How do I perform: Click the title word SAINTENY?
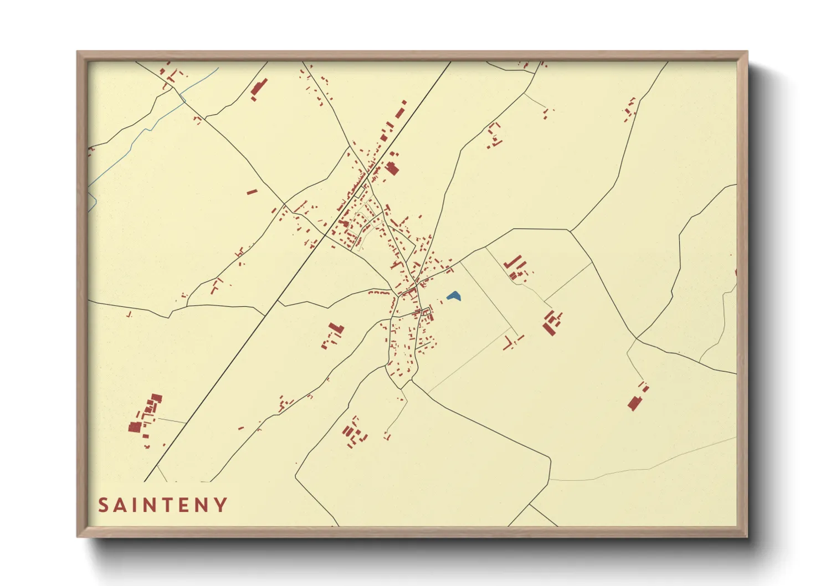[x=163, y=505]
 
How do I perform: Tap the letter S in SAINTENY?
[x=103, y=505]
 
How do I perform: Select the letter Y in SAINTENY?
[x=221, y=505]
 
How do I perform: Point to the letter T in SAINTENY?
[x=170, y=505]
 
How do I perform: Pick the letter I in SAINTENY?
[x=136, y=505]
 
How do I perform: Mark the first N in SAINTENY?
[x=152, y=505]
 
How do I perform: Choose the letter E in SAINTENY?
[x=187, y=505]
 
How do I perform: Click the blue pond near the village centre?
[x=454, y=296]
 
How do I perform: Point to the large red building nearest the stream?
[x=259, y=88]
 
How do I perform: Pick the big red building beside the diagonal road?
[x=392, y=168]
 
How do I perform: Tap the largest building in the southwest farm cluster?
[x=134, y=426]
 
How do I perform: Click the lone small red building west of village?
[x=252, y=192]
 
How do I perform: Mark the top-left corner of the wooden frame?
[x=78, y=52]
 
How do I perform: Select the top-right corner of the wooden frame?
[x=747, y=52]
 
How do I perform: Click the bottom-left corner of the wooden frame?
[x=78, y=536]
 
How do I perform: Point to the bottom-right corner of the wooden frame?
[x=747, y=536]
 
